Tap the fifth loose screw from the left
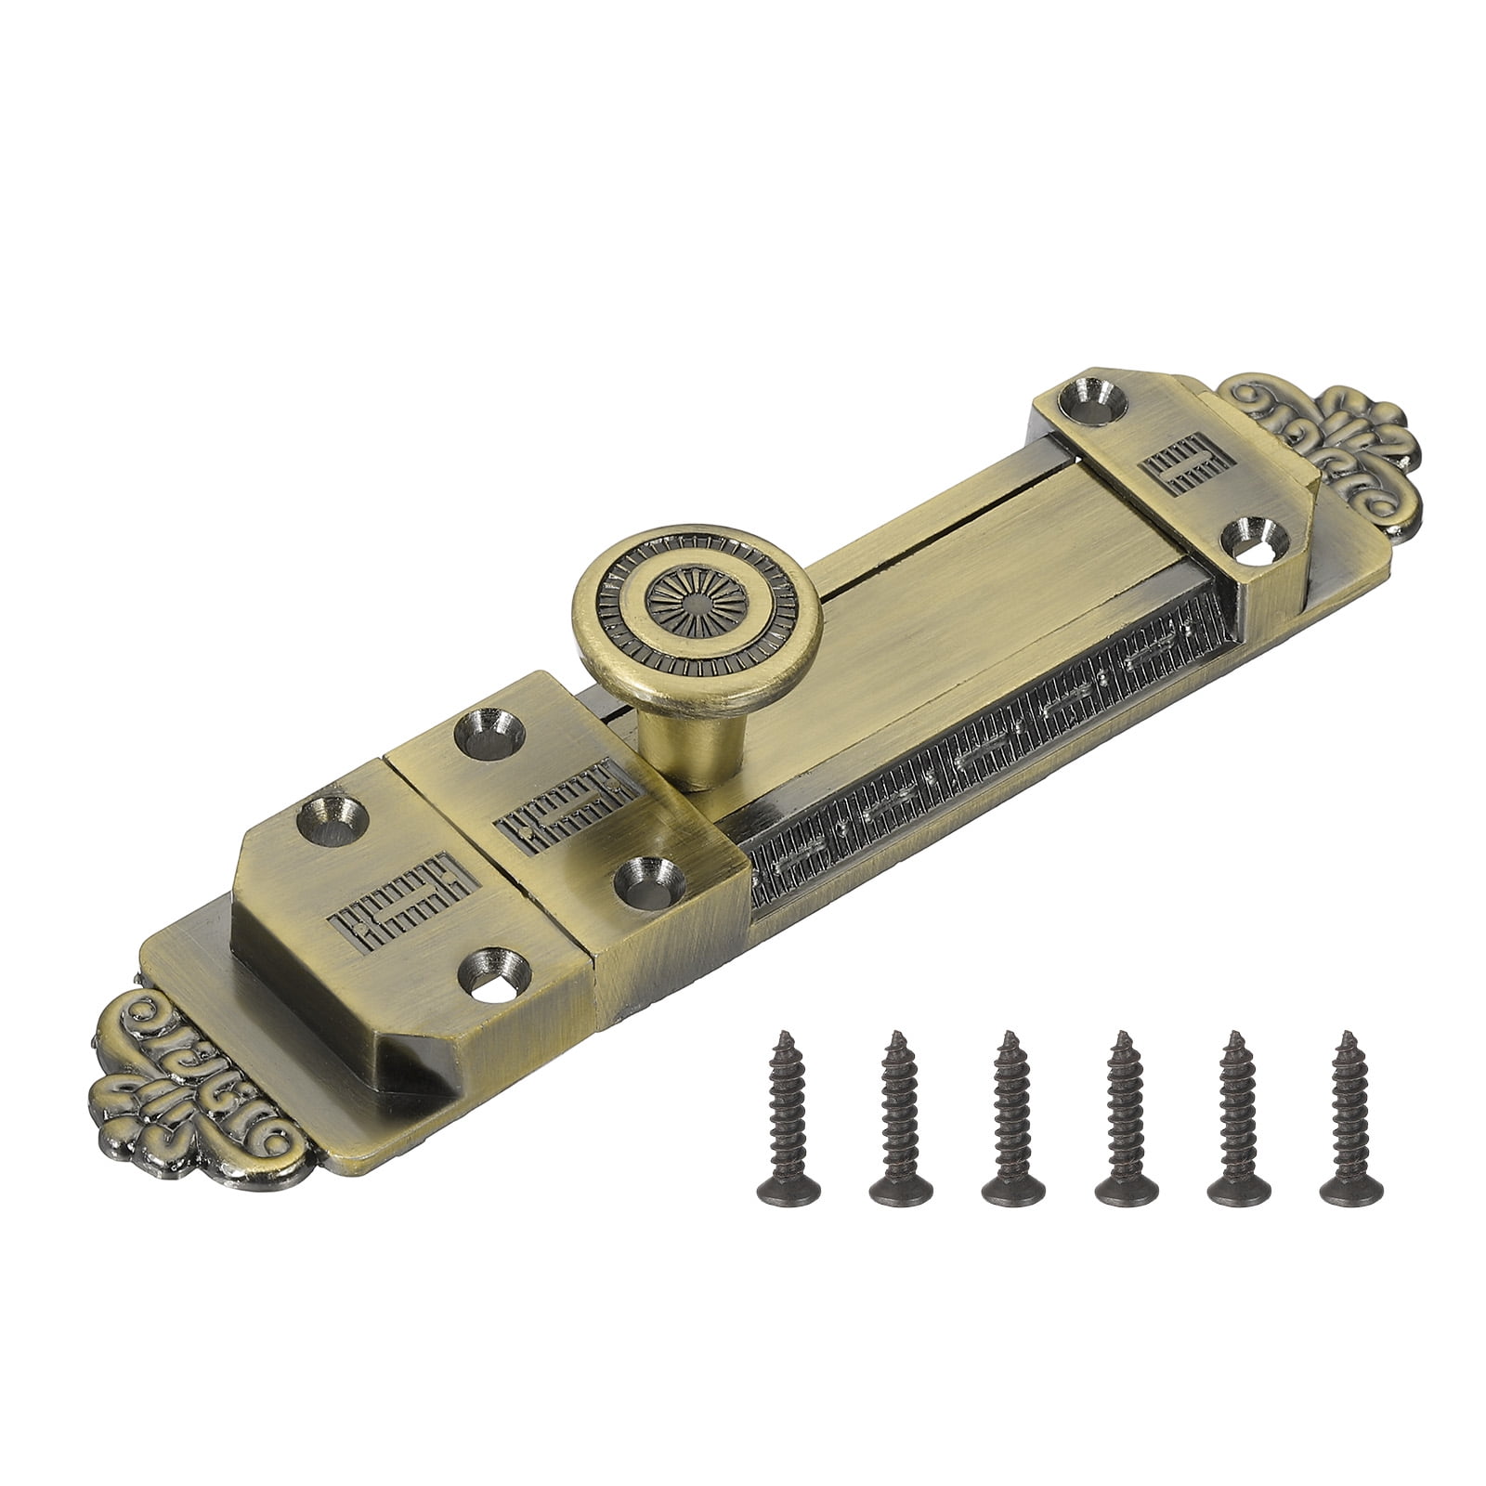pos(1236,1106)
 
